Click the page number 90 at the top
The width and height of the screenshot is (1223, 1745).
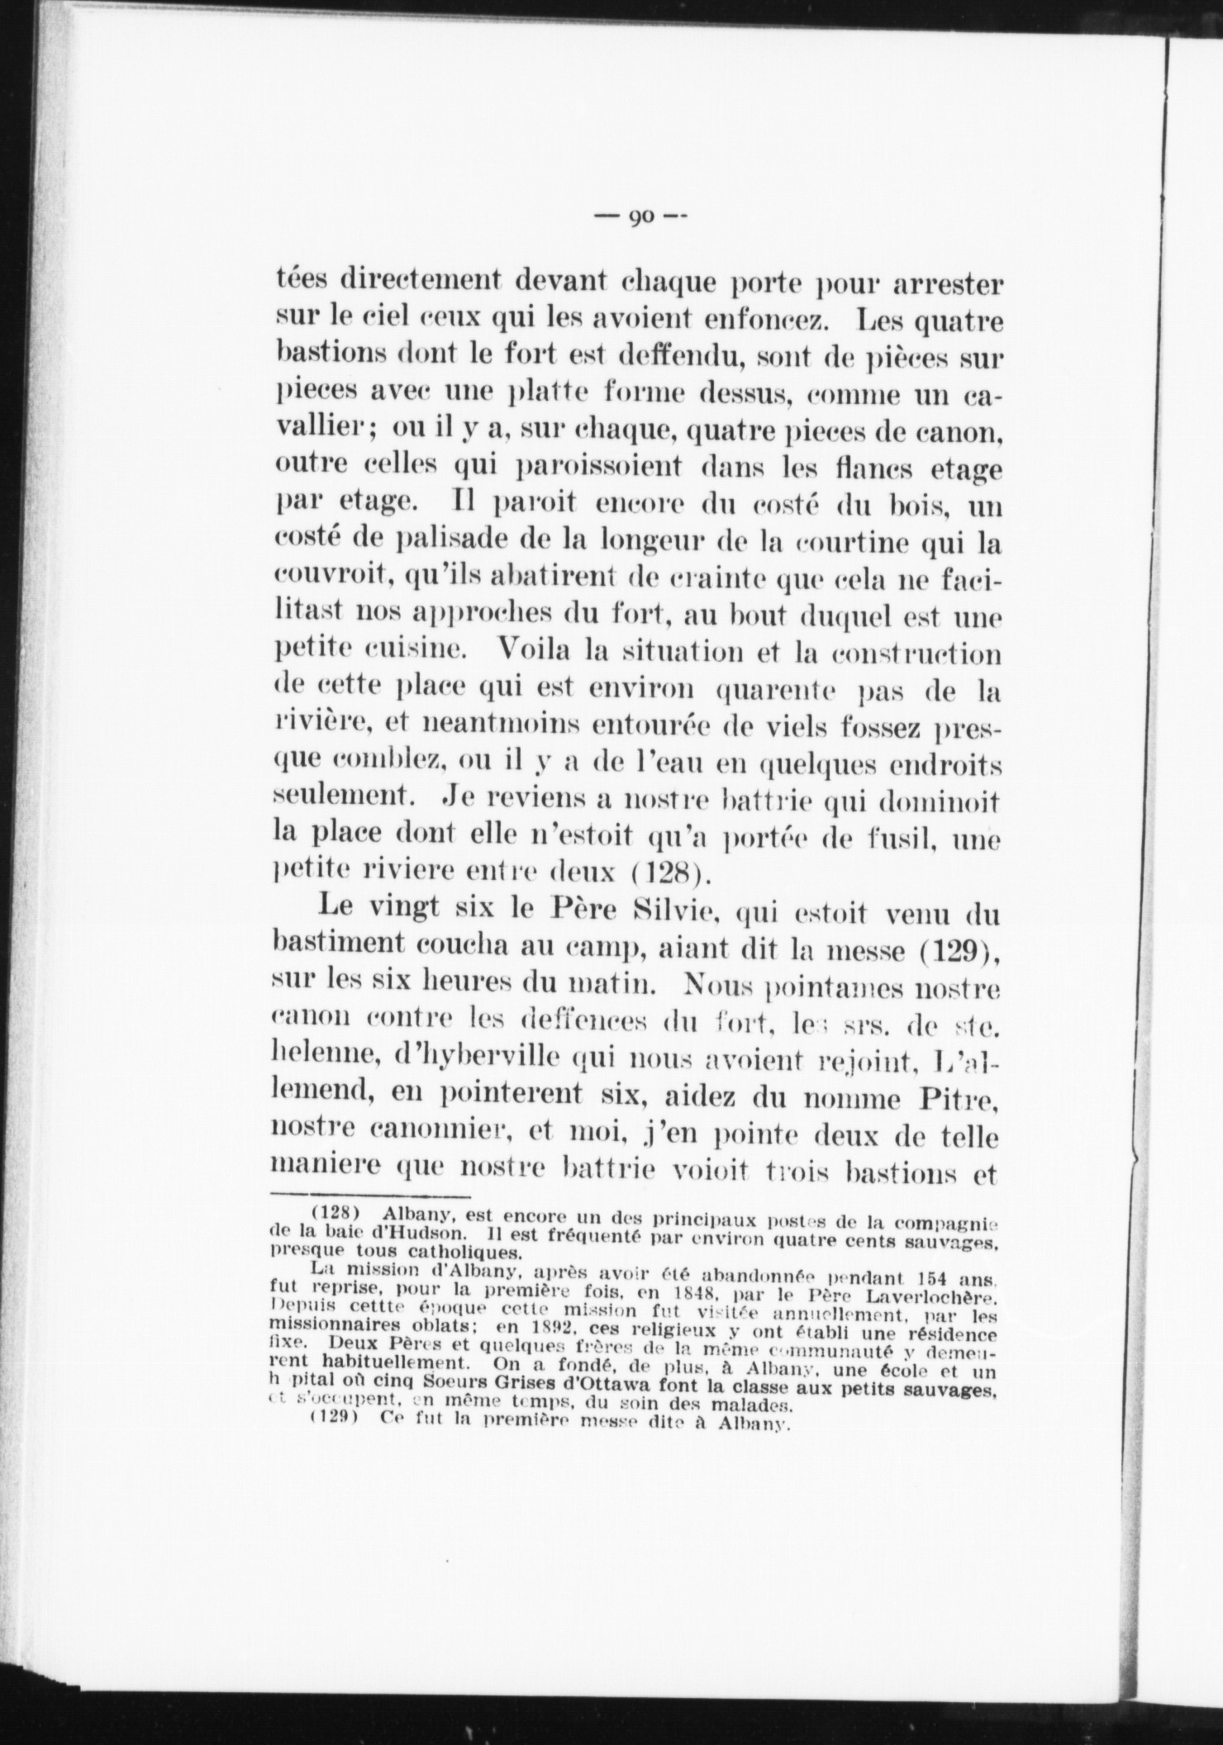coord(641,217)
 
